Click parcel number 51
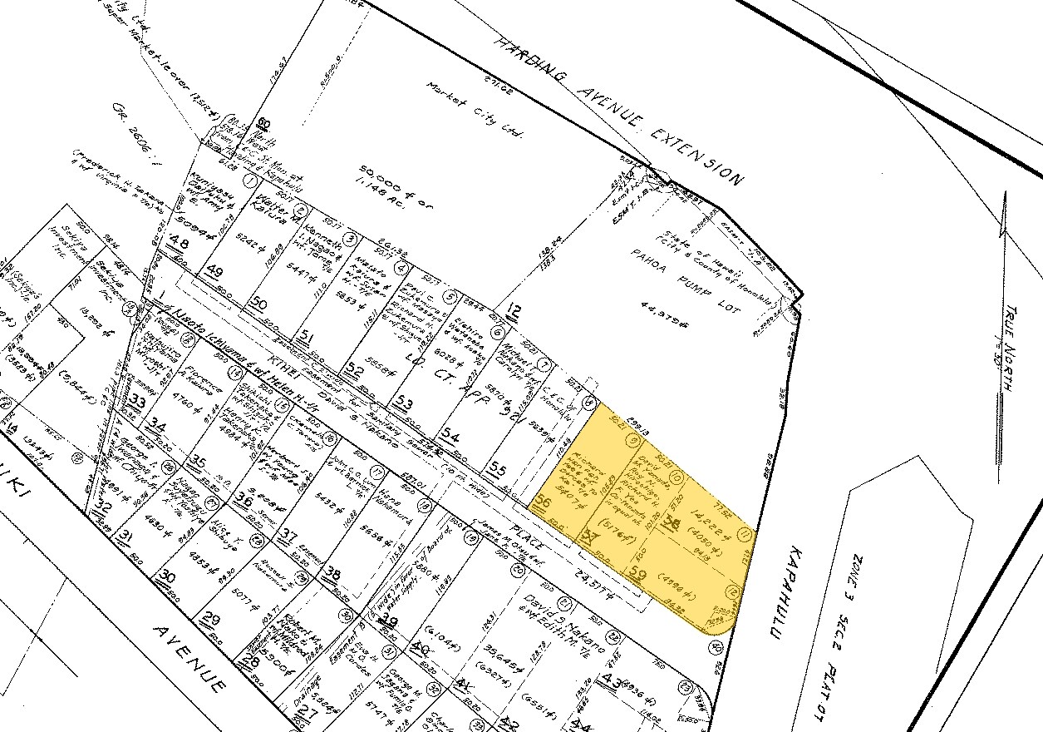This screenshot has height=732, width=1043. pos(307,336)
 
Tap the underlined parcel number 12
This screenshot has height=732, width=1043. pos(514,313)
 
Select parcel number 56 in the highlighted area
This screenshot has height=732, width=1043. pos(544,502)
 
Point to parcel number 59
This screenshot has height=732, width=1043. pos(639,573)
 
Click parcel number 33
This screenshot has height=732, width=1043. pos(137,403)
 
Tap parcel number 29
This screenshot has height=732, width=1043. pos(211,619)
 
